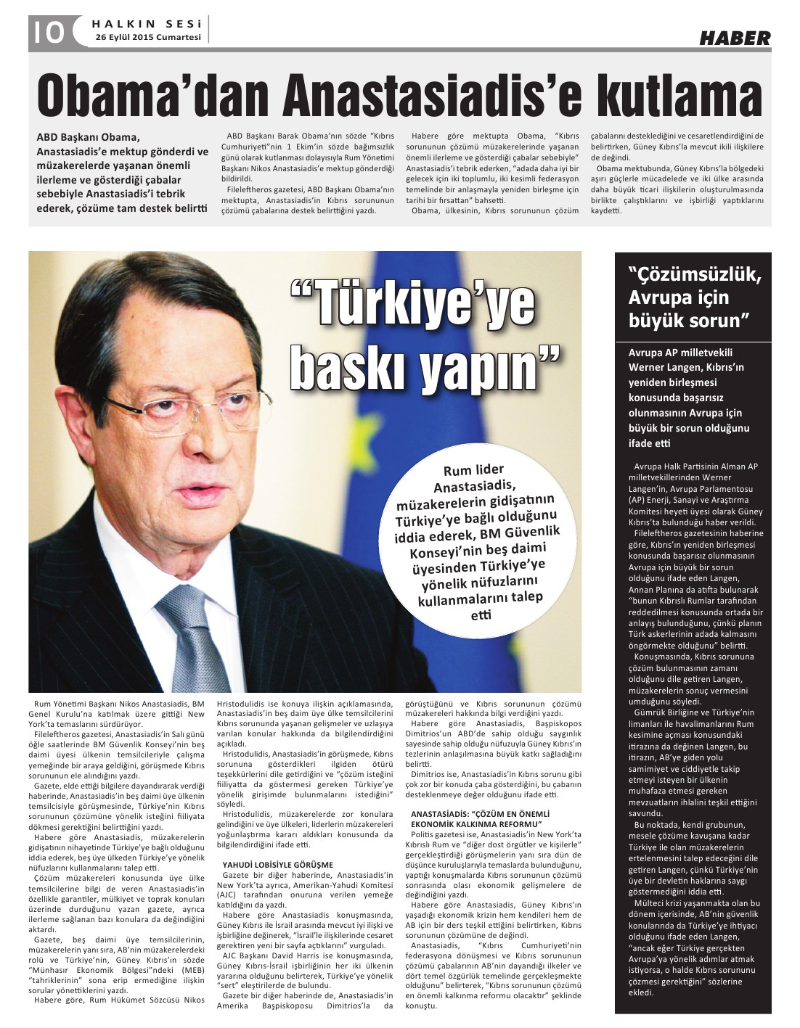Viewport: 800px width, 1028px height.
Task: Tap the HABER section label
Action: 735,38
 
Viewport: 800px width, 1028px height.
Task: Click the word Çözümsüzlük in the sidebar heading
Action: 694,276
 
